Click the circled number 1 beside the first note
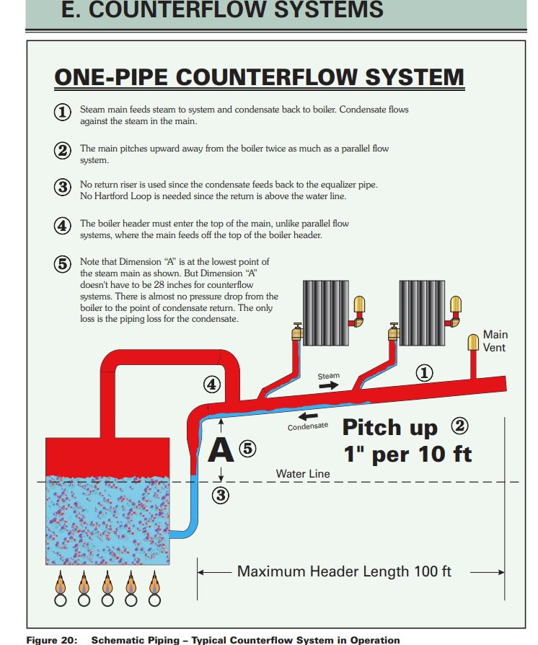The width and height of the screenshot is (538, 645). (63, 113)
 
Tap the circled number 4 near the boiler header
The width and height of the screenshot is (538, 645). (211, 385)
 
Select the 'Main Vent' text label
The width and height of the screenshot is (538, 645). (495, 341)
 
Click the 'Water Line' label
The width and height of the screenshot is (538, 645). (303, 474)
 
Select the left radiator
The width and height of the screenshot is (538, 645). (325, 312)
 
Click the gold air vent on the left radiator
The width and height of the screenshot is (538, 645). (358, 303)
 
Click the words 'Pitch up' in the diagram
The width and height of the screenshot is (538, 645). (389, 427)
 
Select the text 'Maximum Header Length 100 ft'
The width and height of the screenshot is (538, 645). (344, 572)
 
